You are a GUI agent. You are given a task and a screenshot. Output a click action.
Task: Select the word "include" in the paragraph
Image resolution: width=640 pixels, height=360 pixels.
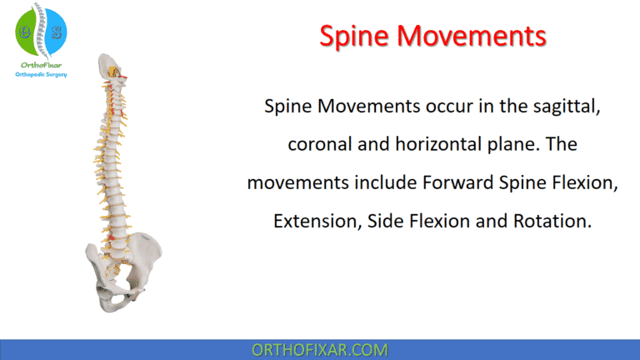point(374,182)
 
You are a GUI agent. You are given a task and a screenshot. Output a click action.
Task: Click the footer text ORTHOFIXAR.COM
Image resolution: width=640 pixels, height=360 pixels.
point(319,349)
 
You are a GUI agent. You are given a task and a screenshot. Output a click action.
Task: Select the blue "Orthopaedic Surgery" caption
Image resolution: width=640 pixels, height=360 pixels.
point(41,74)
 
